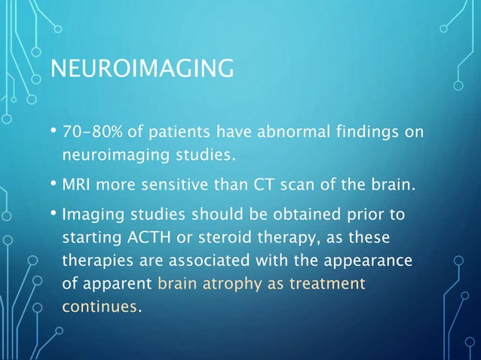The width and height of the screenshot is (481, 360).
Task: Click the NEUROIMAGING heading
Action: [140, 72]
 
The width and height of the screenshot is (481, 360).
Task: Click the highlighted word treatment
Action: [329, 284]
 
